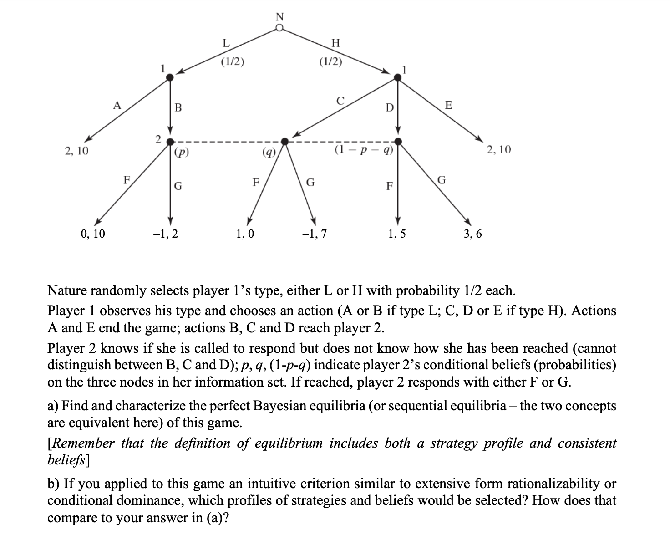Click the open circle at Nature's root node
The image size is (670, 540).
point(280,28)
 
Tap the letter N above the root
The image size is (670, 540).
point(280,17)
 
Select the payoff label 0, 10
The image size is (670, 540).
point(92,234)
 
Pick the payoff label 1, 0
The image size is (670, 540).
point(245,234)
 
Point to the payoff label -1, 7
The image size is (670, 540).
point(314,234)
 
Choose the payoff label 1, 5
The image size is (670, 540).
point(397,234)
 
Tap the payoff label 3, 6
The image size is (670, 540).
point(472,234)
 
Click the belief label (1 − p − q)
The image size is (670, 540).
point(364,149)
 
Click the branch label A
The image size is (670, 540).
point(117,106)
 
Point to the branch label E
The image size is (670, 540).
point(448,105)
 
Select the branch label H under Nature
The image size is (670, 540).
point(335,43)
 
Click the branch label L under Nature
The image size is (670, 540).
point(225,43)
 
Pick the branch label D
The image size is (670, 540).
point(389,108)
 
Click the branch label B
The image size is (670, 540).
point(178,108)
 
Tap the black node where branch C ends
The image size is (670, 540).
point(285,141)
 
